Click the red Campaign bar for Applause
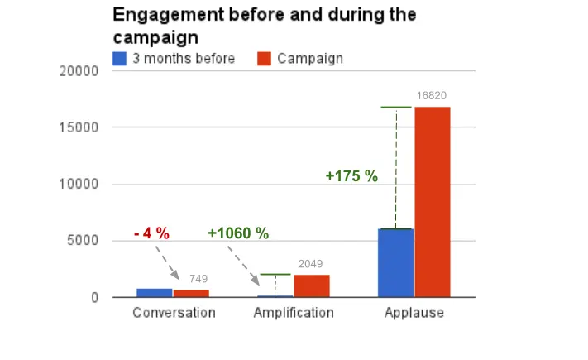pos(433,202)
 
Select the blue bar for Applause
pos(395,262)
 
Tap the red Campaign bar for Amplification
pos(312,286)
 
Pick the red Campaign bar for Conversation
pos(191,293)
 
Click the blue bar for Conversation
pos(155,292)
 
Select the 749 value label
pos(198,279)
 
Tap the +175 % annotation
pos(351,176)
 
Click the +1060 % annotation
pos(238,233)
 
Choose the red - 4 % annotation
pos(151,233)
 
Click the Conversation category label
pos(174,313)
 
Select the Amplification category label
pos(294,313)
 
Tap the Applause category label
pos(414,313)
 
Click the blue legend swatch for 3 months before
pos(119,59)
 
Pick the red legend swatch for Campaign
pos(265,59)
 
